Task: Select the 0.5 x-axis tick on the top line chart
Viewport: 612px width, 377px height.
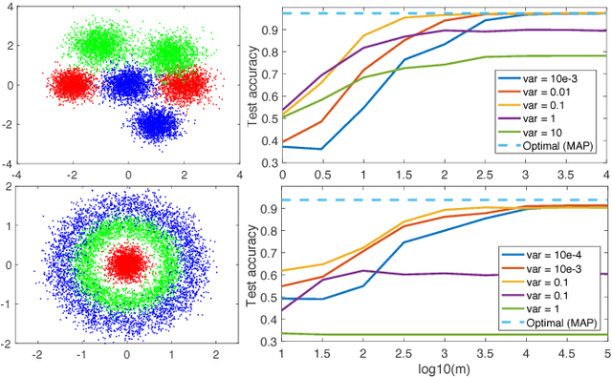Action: [x=323, y=177]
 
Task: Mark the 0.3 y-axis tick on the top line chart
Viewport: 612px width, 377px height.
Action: [x=269, y=163]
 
